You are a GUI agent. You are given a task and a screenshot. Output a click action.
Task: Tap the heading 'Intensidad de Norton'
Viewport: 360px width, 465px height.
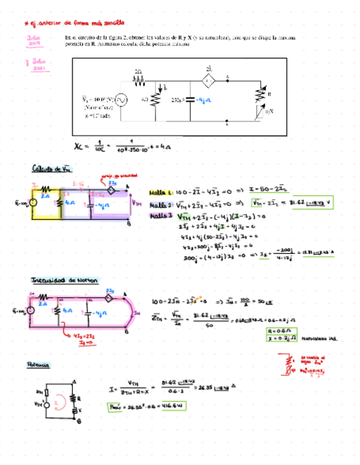coord(64,280)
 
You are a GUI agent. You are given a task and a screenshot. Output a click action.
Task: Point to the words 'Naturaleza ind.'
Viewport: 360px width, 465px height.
coord(320,339)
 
